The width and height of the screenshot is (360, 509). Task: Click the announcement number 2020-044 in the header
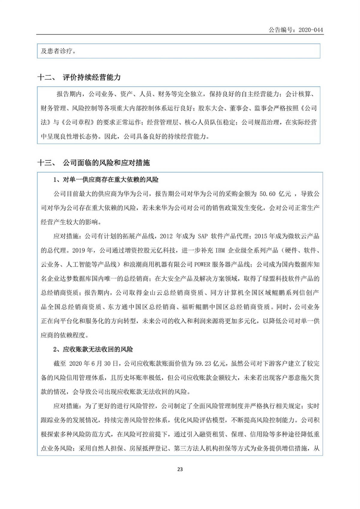[310, 30]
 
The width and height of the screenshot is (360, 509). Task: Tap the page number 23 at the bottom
[180, 469]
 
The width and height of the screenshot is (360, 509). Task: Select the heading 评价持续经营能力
[91, 77]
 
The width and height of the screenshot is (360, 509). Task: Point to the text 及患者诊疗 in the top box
[56, 51]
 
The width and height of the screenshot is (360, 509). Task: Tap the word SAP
[203, 236]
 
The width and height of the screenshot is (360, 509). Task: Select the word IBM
[220, 250]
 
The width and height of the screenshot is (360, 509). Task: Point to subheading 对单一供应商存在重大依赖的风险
[110, 180]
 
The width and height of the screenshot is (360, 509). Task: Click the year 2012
[166, 236]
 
